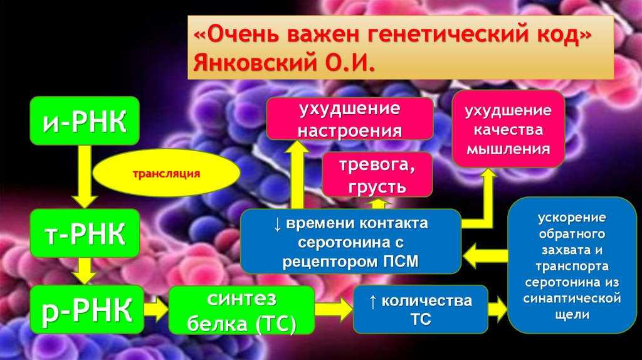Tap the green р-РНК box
coord(84,309)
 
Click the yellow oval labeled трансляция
coord(166,172)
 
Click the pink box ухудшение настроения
coord(349,119)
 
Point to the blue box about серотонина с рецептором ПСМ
coord(350,241)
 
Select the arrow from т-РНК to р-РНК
coord(84,272)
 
